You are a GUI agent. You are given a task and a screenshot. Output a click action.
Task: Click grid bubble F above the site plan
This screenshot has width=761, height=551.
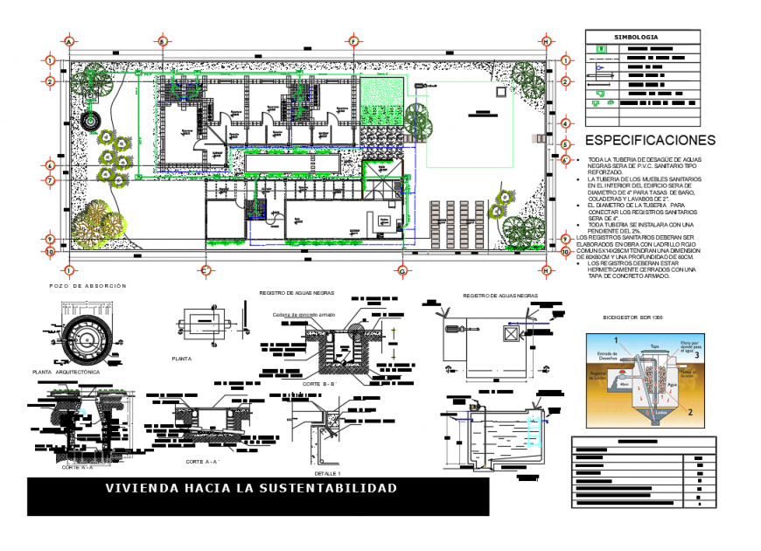tap(353, 41)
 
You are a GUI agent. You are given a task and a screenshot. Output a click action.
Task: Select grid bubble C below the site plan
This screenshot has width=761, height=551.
tap(206, 270)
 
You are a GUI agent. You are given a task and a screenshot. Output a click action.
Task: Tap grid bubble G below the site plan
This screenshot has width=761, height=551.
tap(401, 270)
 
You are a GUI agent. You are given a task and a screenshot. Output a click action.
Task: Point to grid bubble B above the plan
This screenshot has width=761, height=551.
tap(162, 41)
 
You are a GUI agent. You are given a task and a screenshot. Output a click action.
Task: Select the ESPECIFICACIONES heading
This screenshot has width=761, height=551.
tap(650, 140)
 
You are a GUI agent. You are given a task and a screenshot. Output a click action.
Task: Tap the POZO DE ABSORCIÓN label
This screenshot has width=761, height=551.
tap(87, 286)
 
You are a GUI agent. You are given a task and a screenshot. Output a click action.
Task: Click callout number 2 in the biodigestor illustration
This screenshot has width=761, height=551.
tap(689, 410)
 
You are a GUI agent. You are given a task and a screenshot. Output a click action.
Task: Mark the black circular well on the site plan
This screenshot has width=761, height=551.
tap(89, 122)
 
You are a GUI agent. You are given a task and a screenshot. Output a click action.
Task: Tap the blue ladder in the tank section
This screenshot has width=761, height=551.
tap(535, 430)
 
